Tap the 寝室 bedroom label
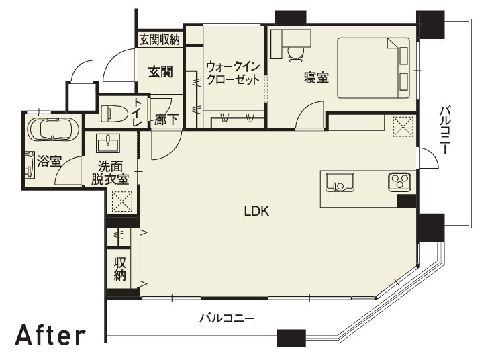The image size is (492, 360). [x=316, y=77]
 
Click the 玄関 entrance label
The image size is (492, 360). [x=160, y=71]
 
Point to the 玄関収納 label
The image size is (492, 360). [x=160, y=40]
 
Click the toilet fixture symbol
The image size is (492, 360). [x=113, y=113]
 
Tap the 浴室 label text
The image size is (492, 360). [x=49, y=161]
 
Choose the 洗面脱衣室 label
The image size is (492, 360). [x=110, y=173]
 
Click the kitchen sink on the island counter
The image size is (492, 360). [x=339, y=183]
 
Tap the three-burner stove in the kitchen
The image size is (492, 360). [x=399, y=181]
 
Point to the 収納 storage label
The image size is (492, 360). [x=120, y=267]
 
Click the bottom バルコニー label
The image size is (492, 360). [x=227, y=317]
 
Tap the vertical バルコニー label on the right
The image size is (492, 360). [x=444, y=131]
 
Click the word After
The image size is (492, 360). [x=50, y=336]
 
